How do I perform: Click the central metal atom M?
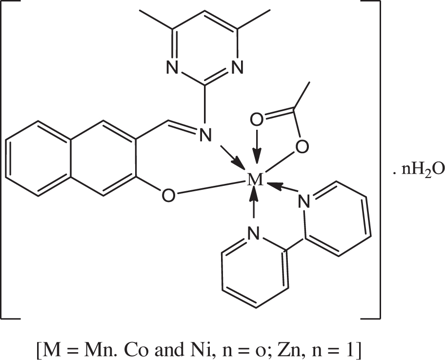tap(255, 180)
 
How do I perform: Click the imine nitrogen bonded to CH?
tap(205, 135)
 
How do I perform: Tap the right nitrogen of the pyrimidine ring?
tap(237, 67)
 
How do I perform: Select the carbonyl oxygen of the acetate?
tap(257, 120)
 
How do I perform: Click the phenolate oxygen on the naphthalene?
tap(168, 196)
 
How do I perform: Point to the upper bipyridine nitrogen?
tap(304, 201)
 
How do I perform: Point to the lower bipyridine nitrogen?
tap(254, 233)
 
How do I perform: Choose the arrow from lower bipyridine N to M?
tap(254, 202)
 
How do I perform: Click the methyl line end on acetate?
tap(309, 82)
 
